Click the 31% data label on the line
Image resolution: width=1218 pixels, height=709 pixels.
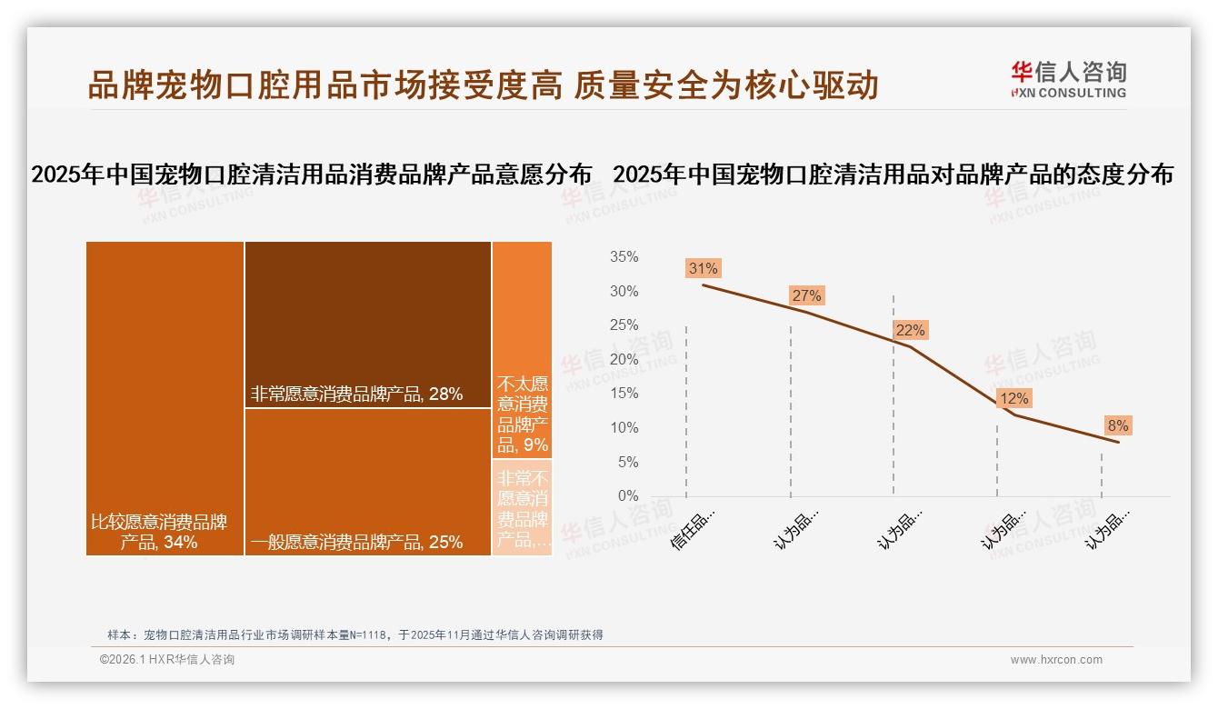[x=704, y=268]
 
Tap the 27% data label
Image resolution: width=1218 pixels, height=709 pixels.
[x=806, y=295]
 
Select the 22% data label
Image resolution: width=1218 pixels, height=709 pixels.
[x=910, y=330]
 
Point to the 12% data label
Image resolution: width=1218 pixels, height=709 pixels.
[x=1013, y=398]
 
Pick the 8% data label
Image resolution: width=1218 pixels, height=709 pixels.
[x=1117, y=425]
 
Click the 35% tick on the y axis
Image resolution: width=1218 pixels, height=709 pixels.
[x=624, y=257]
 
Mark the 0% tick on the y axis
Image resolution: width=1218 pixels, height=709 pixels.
[x=627, y=496]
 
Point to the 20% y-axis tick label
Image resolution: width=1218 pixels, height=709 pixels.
[x=624, y=360]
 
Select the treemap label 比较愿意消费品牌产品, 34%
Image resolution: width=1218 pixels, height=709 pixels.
[x=159, y=533]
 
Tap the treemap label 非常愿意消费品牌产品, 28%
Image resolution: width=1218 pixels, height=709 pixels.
[x=357, y=394]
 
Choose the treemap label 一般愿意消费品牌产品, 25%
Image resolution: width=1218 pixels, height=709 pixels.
[x=357, y=542]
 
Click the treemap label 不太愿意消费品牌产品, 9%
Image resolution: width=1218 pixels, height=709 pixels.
[x=523, y=414]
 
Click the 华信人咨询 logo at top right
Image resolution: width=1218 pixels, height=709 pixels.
[x=1068, y=79]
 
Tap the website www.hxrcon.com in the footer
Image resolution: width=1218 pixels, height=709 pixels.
[x=1056, y=660]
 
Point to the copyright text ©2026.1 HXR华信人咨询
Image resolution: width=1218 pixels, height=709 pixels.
[x=167, y=660]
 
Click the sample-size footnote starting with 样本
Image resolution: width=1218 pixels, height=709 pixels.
[x=355, y=634]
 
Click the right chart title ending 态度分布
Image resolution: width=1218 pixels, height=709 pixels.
[x=894, y=175]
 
